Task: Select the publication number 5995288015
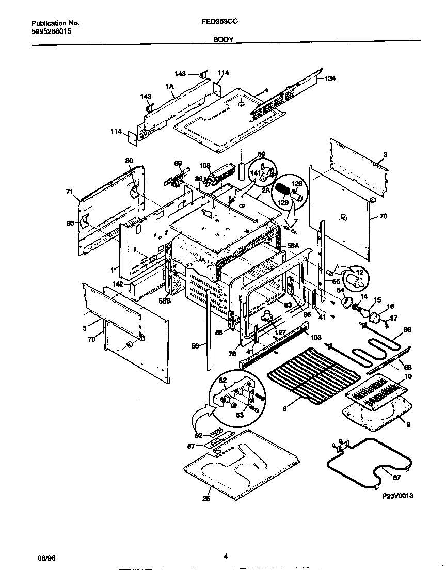click(x=52, y=31)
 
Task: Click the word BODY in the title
click(x=223, y=39)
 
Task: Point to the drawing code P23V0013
click(x=398, y=496)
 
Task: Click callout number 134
click(x=330, y=78)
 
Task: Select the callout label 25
click(x=206, y=499)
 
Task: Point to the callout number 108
click(x=205, y=166)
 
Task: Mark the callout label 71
click(x=69, y=192)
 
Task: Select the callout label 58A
click(x=293, y=246)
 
